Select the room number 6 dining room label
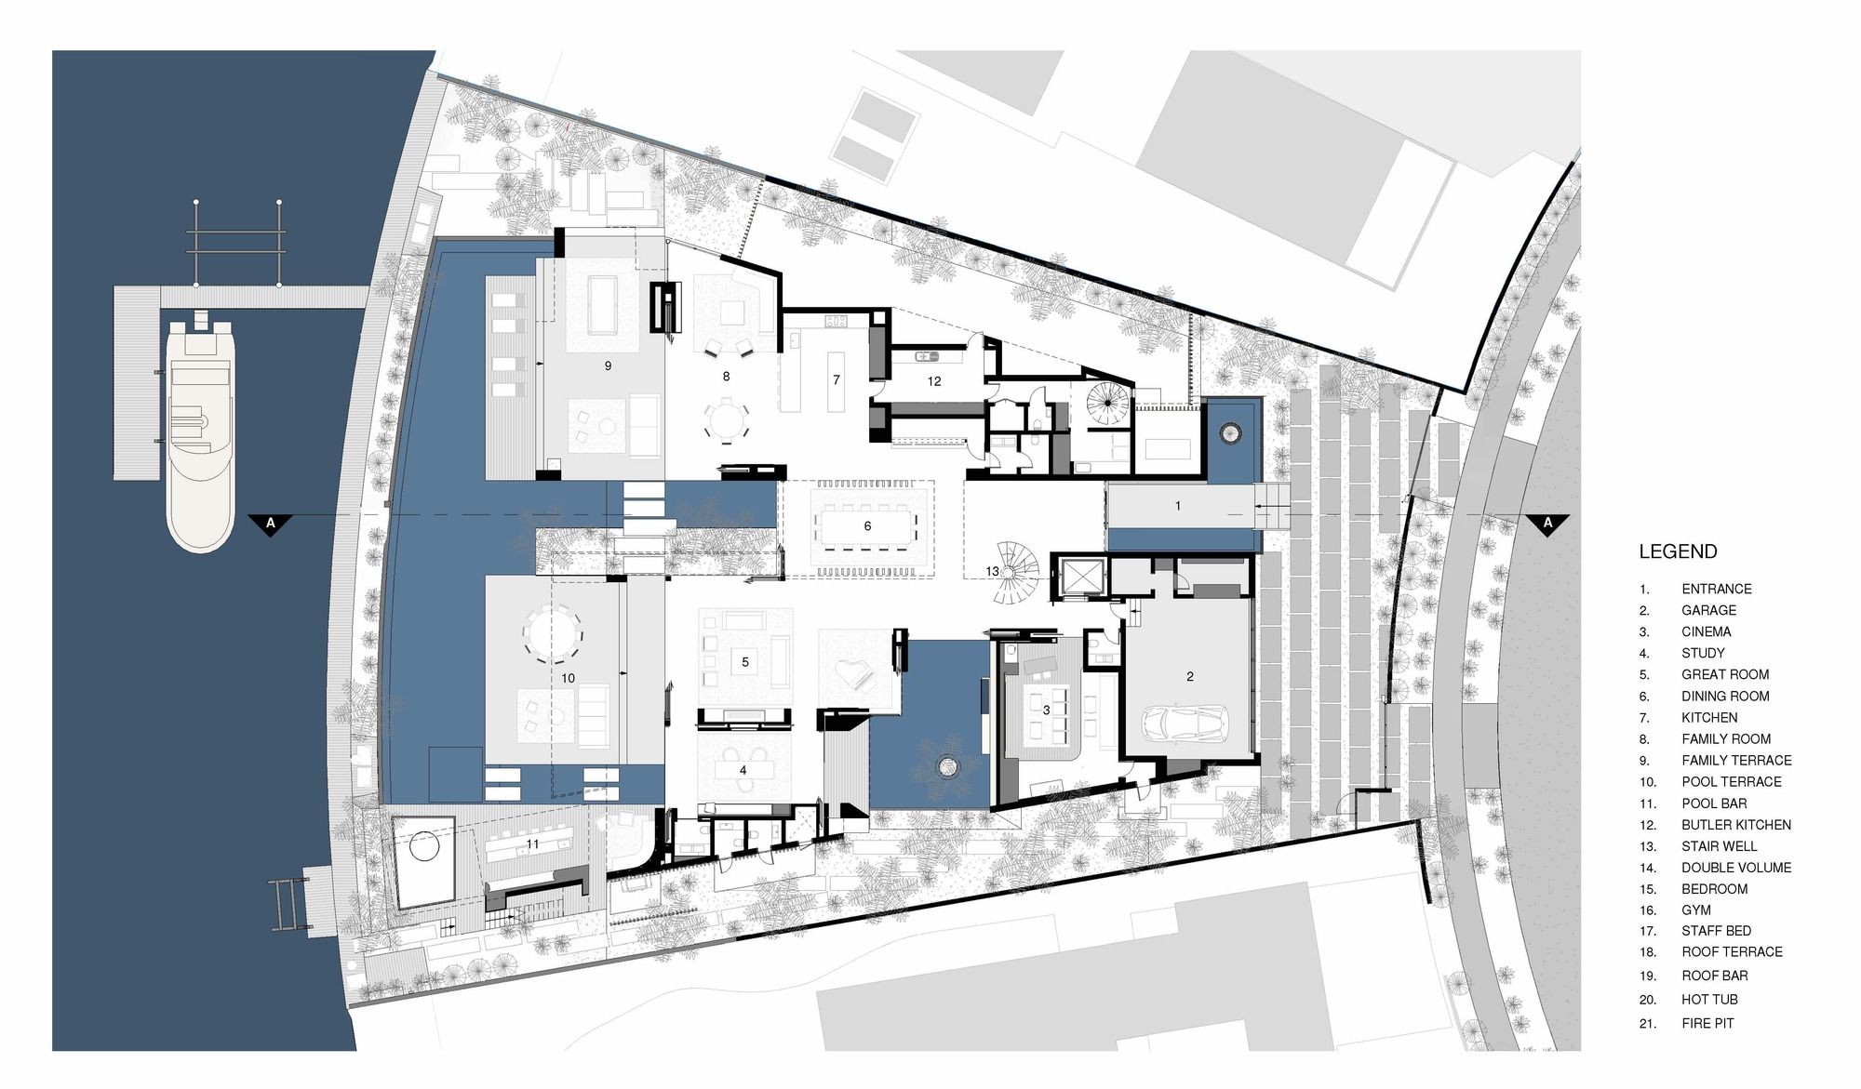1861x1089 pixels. click(x=867, y=526)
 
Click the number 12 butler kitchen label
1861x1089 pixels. click(x=934, y=381)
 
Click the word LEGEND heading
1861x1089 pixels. click(x=1678, y=551)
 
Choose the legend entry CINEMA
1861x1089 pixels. click(x=1707, y=631)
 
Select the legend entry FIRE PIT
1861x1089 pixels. click(x=1708, y=1023)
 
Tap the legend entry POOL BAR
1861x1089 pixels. click(x=1714, y=803)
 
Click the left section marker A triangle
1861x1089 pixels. click(x=271, y=524)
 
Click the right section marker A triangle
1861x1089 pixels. click(x=1547, y=524)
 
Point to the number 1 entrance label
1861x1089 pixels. click(x=1178, y=506)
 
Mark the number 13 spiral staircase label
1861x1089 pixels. click(x=993, y=571)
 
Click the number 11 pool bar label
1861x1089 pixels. click(x=532, y=843)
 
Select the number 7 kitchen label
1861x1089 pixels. click(x=837, y=379)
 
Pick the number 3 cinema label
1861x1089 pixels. click(x=1046, y=710)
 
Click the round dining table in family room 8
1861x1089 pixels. click(x=726, y=419)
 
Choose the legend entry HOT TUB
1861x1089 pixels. click(x=1710, y=1000)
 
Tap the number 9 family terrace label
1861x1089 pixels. click(x=608, y=366)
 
